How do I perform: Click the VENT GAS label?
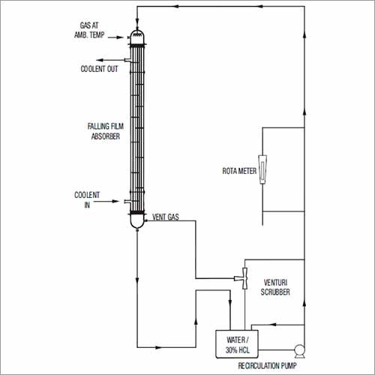pos(164,217)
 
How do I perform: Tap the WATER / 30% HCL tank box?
pos(235,342)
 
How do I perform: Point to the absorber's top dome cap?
pos(136,35)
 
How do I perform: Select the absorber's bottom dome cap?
pos(136,220)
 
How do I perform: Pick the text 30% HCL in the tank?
pos(235,349)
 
